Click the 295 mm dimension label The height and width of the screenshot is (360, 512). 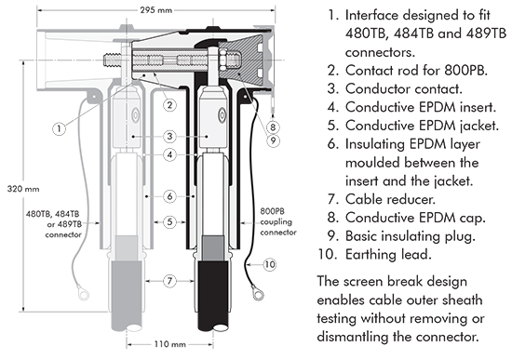[x=156, y=10]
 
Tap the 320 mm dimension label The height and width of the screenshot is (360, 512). [x=23, y=189]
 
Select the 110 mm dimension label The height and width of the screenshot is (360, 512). [x=169, y=344]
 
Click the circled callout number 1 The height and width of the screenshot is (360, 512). [x=59, y=128]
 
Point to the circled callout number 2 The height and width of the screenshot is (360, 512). [x=169, y=105]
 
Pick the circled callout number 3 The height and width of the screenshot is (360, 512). [x=169, y=137]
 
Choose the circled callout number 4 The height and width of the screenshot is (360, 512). [x=169, y=154]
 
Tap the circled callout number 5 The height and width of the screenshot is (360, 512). [x=169, y=222]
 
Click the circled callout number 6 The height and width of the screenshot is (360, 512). [x=169, y=196]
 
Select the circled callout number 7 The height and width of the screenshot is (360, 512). [x=169, y=281]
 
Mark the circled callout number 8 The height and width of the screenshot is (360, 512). [x=273, y=127]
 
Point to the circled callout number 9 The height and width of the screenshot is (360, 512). [x=273, y=140]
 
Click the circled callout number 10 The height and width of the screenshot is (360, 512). [x=270, y=264]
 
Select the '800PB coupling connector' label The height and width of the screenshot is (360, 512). [x=278, y=221]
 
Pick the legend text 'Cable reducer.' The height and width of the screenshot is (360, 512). [x=390, y=199]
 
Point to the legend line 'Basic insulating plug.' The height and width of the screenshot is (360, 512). [x=411, y=236]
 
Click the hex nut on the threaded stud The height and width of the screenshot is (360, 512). [x=224, y=60]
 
